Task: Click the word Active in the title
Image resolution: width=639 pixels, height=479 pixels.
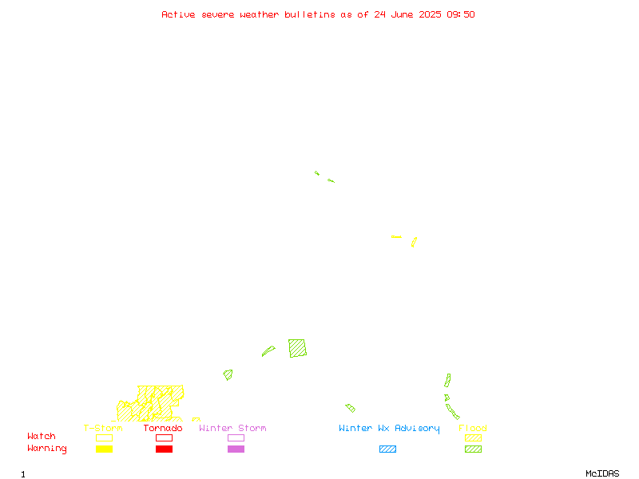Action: [178, 14]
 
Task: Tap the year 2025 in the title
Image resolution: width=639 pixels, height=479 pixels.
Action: [430, 14]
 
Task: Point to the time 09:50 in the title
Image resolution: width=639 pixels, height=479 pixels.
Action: [461, 14]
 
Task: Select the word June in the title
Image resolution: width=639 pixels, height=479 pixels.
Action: [402, 14]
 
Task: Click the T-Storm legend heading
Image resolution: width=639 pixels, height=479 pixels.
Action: [103, 428]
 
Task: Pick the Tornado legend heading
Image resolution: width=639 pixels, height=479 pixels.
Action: [163, 428]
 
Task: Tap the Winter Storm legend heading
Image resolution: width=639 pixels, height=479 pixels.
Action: [232, 428]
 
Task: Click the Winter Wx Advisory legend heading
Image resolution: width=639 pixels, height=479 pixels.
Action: [389, 429]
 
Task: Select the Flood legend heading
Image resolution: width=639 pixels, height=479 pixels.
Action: [473, 428]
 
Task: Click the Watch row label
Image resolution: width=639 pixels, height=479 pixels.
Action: [42, 436]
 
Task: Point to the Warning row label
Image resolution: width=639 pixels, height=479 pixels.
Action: [47, 449]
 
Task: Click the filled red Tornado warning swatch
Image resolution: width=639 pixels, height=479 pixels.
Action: [165, 449]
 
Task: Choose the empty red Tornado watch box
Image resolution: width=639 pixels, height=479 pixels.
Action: [165, 437]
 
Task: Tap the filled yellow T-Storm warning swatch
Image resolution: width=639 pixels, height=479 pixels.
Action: [105, 449]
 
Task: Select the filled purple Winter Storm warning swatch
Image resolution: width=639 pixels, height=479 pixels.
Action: [236, 449]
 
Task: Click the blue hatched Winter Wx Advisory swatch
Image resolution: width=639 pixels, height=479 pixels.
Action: [387, 449]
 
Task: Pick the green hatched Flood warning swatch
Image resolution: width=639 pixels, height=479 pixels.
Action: [473, 449]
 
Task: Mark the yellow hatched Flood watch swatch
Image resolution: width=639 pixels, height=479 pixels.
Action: [473, 437]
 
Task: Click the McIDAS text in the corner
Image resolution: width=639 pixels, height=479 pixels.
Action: [602, 473]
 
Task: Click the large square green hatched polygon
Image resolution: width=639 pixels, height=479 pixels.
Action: [297, 348]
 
